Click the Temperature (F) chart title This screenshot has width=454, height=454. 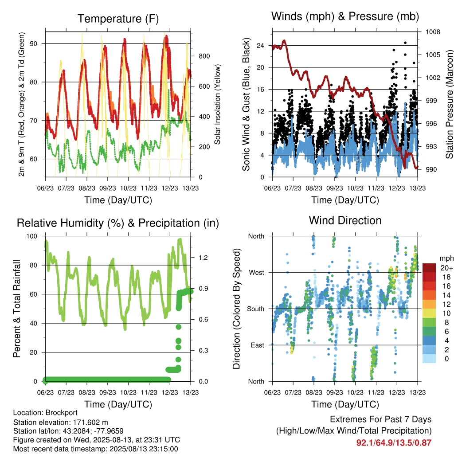(118, 19)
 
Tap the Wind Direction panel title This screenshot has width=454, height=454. (345, 220)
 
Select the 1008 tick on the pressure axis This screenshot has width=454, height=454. (433, 32)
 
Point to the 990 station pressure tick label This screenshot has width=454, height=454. (431, 169)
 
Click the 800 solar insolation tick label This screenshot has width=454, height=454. (204, 56)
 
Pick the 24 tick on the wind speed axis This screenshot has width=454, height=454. (260, 46)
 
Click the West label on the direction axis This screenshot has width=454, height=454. (257, 273)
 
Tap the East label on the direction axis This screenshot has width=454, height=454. (258, 345)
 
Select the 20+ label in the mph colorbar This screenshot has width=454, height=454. (446, 268)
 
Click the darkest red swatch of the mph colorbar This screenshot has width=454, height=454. (429, 268)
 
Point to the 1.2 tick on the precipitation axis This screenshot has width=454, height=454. (203, 258)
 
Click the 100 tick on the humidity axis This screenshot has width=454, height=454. (32, 236)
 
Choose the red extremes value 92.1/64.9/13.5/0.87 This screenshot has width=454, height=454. (394, 443)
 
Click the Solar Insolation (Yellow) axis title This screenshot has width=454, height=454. (217, 104)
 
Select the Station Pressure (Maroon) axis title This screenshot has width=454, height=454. (449, 104)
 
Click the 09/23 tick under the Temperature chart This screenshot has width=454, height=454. (108, 188)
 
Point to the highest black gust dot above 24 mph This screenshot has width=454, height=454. (405, 43)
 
